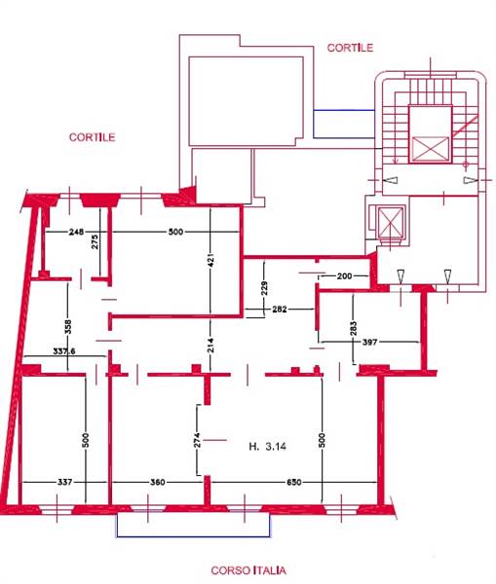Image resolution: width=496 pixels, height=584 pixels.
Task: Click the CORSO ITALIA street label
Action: click(x=248, y=570)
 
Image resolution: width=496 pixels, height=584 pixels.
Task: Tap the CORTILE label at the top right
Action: click(x=350, y=48)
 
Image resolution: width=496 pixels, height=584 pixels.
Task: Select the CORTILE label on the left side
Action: click(x=93, y=137)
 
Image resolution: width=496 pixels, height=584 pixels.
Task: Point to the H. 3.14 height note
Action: click(x=267, y=446)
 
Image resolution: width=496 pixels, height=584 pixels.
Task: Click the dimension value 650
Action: click(x=294, y=483)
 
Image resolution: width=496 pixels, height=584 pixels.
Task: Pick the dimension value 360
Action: click(x=158, y=483)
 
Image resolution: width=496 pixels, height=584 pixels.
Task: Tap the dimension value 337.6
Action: click(x=64, y=351)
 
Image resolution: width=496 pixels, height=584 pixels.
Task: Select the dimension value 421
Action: click(x=210, y=260)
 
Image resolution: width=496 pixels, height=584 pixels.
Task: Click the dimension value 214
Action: click(x=210, y=345)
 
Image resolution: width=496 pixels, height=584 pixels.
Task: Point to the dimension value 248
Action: click(x=76, y=232)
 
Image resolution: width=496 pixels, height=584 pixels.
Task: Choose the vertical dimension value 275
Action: click(x=95, y=241)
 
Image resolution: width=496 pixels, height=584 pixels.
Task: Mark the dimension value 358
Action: click(x=67, y=327)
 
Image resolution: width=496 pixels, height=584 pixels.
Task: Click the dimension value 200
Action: click(x=344, y=276)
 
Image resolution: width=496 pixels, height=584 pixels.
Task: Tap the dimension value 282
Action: click(x=280, y=309)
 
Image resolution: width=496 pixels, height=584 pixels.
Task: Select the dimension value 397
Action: click(x=369, y=342)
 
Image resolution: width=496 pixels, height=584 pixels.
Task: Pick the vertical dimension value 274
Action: click(x=197, y=440)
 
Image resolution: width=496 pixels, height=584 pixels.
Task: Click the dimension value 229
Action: click(x=264, y=288)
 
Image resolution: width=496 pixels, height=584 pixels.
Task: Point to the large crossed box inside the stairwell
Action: click(x=431, y=149)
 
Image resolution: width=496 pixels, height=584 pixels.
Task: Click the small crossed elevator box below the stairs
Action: click(x=391, y=222)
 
